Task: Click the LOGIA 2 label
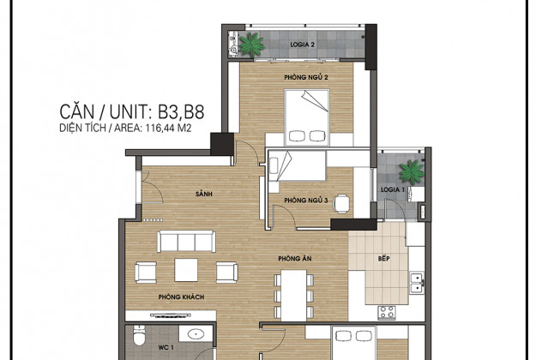click(302, 45)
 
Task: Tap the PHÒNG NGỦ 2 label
click(306, 77)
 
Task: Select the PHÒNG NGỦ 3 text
click(306, 201)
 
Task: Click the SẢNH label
click(204, 194)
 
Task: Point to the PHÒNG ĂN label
click(295, 259)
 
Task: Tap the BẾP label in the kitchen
click(383, 258)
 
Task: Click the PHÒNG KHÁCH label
click(181, 297)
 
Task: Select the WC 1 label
click(166, 348)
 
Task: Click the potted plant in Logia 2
click(252, 45)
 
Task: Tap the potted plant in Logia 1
click(412, 171)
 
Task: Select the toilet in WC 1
click(140, 335)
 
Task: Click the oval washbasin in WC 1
click(196, 333)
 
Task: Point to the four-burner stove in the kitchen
click(387, 312)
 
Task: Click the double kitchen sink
click(417, 283)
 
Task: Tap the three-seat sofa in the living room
click(186, 242)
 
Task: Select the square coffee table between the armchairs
click(186, 270)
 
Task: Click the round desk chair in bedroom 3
click(342, 203)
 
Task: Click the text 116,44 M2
click(168, 128)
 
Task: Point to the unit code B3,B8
click(181, 111)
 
